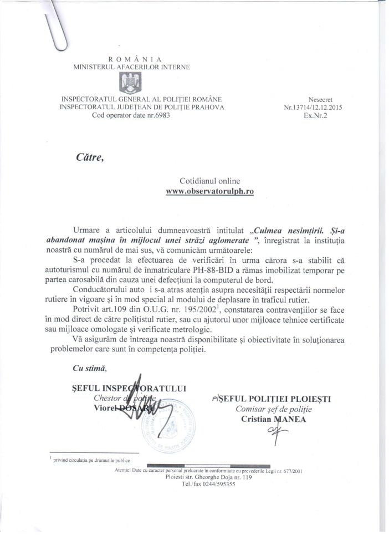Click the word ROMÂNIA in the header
131,58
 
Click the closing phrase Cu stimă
89,368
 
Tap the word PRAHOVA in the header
203,108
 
